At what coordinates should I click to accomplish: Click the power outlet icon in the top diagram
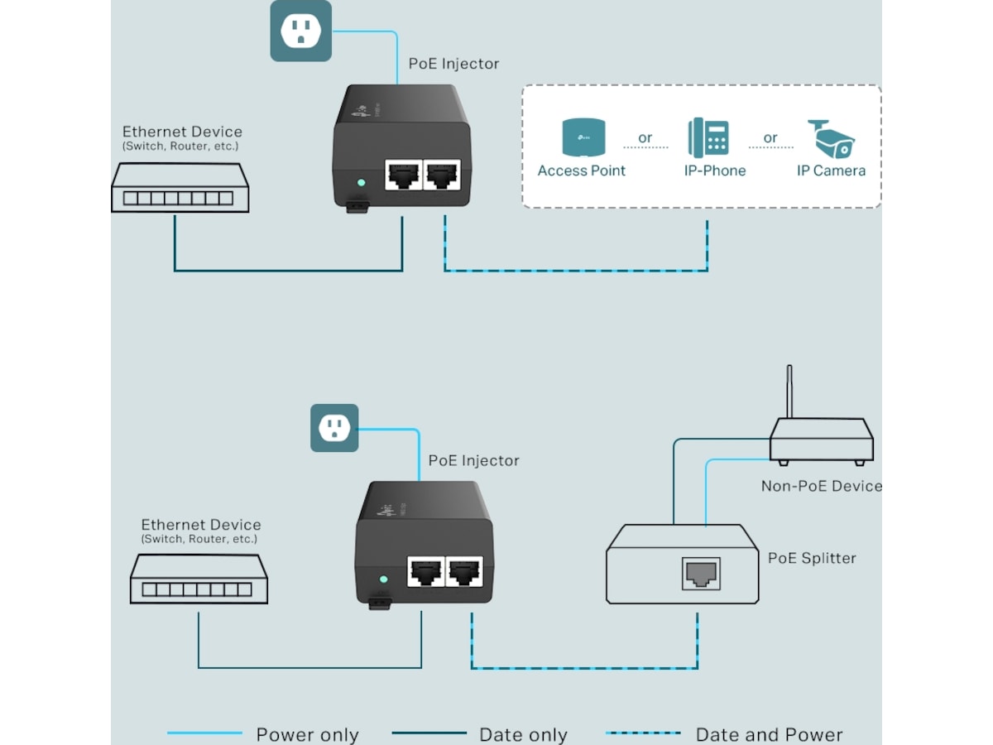coord(300,31)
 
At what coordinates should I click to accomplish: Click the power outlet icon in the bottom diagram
coord(334,428)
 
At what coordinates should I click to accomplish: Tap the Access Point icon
coord(583,137)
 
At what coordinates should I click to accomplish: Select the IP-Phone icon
coord(708,138)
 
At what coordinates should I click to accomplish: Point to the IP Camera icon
coord(831,138)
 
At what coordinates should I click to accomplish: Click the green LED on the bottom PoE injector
coord(382,579)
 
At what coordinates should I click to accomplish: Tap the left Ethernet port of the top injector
coord(403,175)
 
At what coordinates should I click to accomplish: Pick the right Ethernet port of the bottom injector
coord(463,571)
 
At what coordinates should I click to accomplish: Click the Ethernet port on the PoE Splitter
coord(700,574)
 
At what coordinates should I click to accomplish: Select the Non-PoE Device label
coord(821,486)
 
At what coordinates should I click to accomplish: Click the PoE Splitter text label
coord(812,558)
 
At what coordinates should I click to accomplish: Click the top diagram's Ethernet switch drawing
coord(180,189)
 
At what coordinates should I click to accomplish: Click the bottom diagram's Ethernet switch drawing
coord(199,579)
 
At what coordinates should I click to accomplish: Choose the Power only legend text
coord(307,734)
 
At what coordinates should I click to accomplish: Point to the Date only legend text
coord(523,734)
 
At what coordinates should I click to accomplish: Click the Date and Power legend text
coord(769,734)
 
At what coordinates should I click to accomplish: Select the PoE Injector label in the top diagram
coord(453,64)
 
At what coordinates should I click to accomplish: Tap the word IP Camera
coord(831,171)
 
